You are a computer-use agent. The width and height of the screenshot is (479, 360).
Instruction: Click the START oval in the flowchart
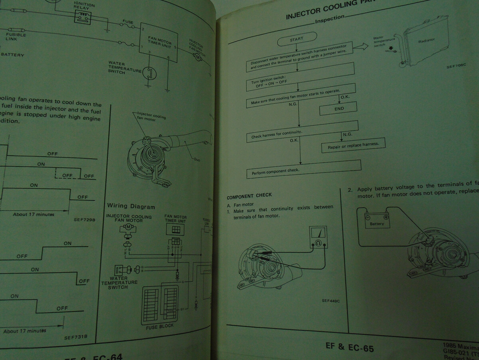tap(297, 39)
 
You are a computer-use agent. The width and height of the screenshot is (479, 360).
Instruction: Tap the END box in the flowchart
tap(339, 109)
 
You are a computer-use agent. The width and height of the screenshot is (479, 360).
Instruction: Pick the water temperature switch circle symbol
tap(149, 73)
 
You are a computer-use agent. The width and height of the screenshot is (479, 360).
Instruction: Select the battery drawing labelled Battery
tap(377, 221)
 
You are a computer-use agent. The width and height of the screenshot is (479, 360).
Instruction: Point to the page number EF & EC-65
tap(350, 347)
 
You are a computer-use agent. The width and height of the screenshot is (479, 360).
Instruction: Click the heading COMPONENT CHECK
tap(249, 196)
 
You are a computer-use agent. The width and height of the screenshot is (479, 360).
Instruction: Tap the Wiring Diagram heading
tap(131, 206)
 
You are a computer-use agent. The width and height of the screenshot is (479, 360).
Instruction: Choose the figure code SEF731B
tap(75, 337)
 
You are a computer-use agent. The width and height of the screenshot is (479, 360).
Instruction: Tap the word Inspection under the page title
tap(329, 18)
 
